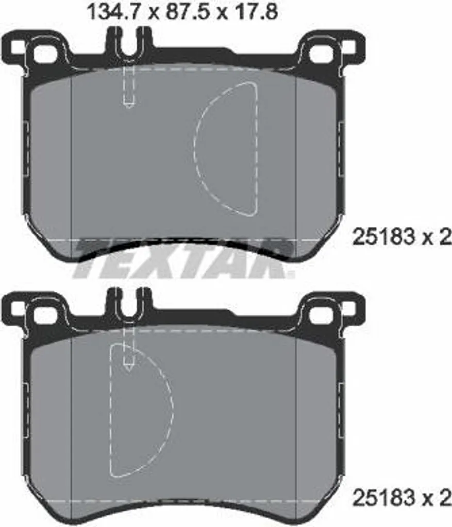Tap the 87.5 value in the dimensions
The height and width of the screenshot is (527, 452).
(187, 12)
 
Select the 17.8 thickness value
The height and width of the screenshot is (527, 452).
(257, 12)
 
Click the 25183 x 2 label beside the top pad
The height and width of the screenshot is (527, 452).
(401, 237)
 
